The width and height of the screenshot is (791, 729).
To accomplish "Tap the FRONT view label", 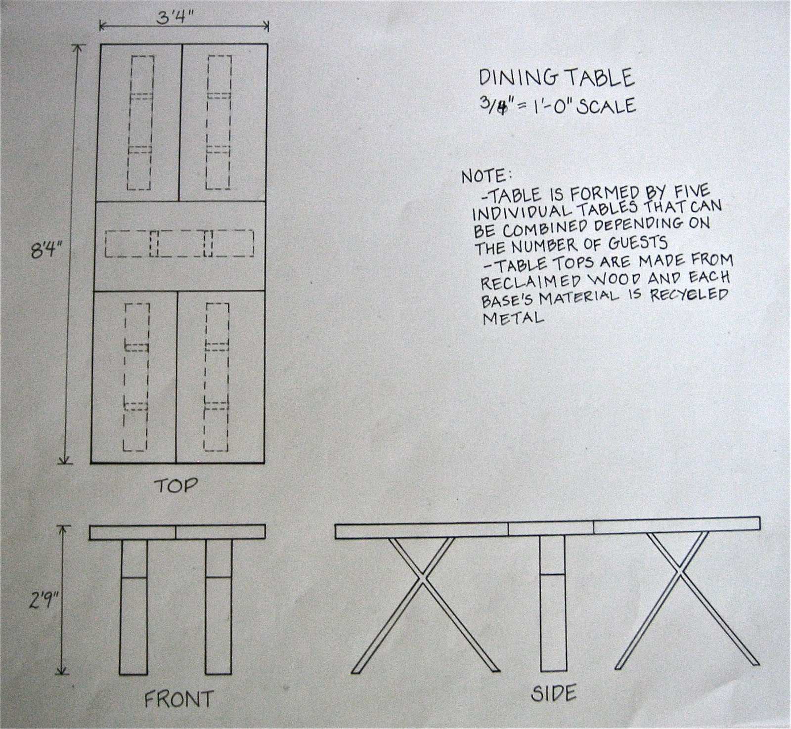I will [x=178, y=699].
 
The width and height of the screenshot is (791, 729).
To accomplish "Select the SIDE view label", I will [x=554, y=693].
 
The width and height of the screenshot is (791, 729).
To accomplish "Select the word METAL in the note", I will [x=513, y=318].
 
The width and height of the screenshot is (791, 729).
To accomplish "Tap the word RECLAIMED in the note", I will [x=524, y=281].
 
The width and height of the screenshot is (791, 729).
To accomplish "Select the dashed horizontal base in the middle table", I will [x=179, y=244].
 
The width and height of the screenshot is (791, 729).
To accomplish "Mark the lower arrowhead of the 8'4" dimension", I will [x=63, y=460].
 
